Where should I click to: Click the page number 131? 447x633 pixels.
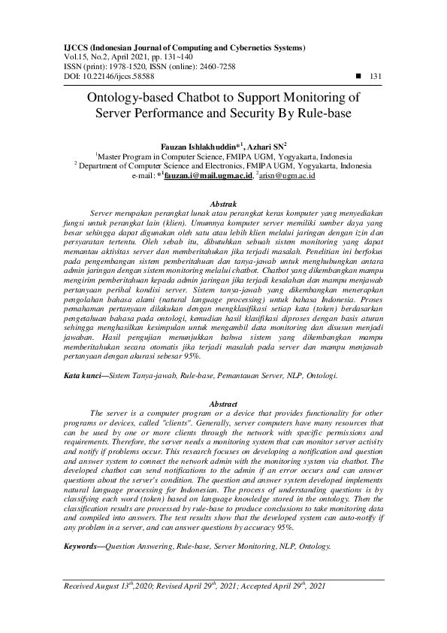[x=376, y=76]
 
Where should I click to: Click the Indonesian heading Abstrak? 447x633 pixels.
[x=223, y=204]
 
